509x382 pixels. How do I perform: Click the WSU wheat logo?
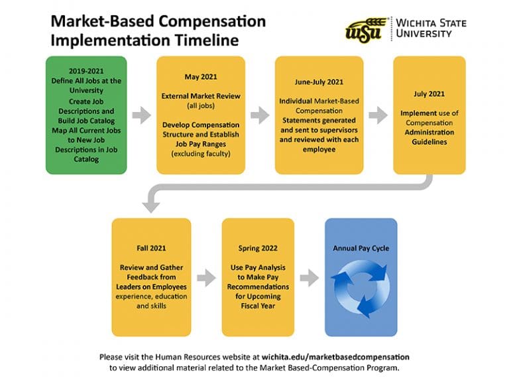(367, 30)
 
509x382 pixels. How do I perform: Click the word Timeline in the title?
(207, 40)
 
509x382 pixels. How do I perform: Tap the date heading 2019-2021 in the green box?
(86, 71)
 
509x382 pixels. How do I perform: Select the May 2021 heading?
(201, 77)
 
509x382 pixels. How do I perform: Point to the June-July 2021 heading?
(319, 82)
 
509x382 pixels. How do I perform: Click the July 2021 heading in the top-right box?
(429, 94)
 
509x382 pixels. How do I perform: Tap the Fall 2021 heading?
(151, 248)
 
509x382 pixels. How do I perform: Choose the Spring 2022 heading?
(258, 249)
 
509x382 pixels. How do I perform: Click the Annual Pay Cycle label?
(361, 249)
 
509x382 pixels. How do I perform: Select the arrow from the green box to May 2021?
(142, 115)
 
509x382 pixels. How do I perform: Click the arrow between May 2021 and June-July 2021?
(260, 115)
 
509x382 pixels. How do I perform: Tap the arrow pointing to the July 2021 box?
(378, 115)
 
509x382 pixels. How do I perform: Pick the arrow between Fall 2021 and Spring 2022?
(207, 278)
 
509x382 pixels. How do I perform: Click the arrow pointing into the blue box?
(310, 278)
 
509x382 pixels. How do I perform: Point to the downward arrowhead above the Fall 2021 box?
(151, 206)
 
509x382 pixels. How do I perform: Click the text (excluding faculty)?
(201, 154)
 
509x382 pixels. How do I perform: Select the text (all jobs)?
(201, 105)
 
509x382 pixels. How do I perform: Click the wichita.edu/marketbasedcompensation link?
(335, 357)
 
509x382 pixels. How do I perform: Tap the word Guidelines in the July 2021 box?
(429, 142)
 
